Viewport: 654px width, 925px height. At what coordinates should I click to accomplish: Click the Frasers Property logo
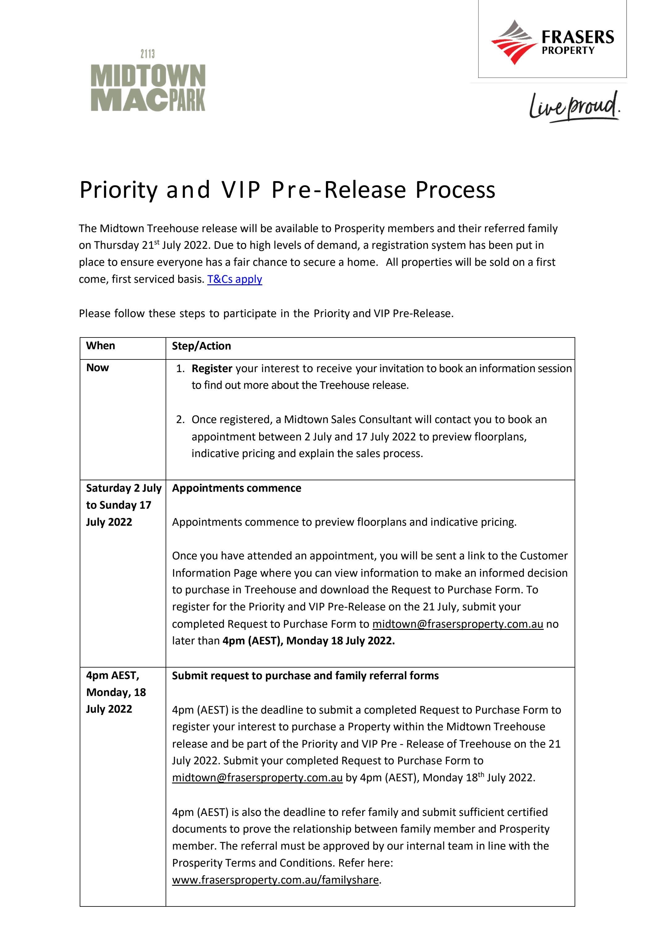coord(552,42)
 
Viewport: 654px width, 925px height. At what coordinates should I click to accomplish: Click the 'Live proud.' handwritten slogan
coord(574,107)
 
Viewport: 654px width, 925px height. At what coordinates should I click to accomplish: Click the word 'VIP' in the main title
coord(240,189)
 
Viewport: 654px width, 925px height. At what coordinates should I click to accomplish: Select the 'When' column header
coord(101,346)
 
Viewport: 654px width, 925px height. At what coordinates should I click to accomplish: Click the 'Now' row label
coord(97,368)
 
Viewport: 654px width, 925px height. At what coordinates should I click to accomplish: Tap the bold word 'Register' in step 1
coord(212,369)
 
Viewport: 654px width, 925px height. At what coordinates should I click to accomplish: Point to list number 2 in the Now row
coord(180,420)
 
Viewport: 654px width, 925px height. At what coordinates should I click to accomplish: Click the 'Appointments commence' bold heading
coord(236,488)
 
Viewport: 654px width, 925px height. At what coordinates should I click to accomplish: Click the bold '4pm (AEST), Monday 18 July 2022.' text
coord(309,641)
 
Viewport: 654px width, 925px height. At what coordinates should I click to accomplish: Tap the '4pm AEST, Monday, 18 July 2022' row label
coord(116,692)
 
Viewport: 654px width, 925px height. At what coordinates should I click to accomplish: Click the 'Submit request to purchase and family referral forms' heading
coord(305,676)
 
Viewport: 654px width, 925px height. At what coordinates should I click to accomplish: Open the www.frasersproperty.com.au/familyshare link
coord(276,880)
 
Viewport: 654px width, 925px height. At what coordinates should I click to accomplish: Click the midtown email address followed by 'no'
coord(458,624)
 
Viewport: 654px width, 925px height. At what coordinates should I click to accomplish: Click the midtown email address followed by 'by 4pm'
coord(257,778)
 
